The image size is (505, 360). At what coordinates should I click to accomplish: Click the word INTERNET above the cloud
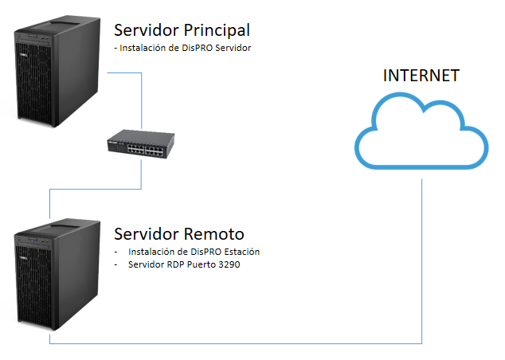(x=421, y=76)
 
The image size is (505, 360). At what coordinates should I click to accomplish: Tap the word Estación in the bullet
(x=241, y=252)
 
